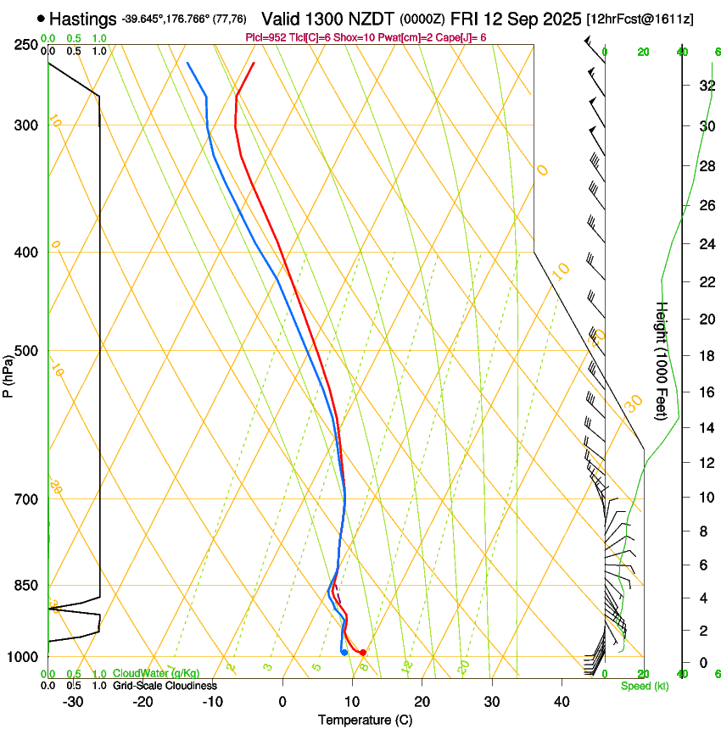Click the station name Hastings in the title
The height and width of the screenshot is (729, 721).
[x=83, y=18]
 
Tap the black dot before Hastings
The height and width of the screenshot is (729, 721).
[x=41, y=18]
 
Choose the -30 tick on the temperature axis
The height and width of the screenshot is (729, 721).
[x=73, y=701]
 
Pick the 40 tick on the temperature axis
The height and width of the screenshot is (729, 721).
[x=562, y=701]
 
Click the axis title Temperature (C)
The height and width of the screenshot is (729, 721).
[x=365, y=720]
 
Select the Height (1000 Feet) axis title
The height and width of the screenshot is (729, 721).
[x=662, y=360]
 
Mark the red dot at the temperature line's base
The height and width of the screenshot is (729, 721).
[x=362, y=652]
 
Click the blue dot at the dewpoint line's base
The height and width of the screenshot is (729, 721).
[x=344, y=652]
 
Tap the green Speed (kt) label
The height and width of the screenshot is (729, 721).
[x=644, y=686]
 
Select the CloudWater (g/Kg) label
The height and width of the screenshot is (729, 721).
[x=156, y=674]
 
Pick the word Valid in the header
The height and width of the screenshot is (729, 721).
[x=281, y=18]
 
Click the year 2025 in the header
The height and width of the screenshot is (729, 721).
[x=556, y=18]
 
